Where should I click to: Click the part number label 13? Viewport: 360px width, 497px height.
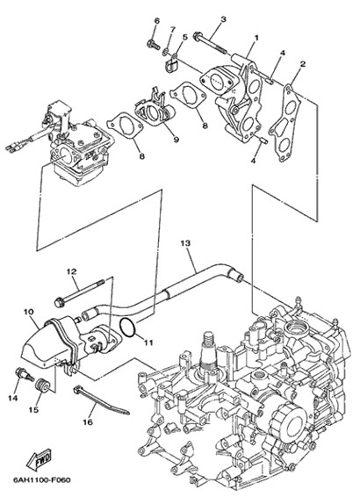(x=185, y=243)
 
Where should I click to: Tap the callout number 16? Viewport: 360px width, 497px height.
(x=88, y=421)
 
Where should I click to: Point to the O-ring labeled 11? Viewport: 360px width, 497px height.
(x=127, y=328)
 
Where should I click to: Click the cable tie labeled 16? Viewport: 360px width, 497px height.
(x=101, y=400)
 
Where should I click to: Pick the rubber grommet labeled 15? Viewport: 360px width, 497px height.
(x=41, y=385)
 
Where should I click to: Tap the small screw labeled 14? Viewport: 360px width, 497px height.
(x=25, y=374)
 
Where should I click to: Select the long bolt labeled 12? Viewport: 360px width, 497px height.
(x=79, y=292)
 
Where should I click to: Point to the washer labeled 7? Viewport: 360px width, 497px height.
(x=165, y=52)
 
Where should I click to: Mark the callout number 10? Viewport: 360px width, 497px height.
(x=28, y=312)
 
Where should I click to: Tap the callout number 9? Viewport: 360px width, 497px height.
(x=176, y=139)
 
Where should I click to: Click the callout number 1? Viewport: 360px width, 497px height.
(x=256, y=38)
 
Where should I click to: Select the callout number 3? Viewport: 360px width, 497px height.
(x=223, y=19)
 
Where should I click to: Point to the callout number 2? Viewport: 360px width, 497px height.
(x=303, y=64)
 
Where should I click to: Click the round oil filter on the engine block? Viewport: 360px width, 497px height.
(x=289, y=417)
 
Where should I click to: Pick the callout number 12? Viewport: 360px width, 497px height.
(x=71, y=271)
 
